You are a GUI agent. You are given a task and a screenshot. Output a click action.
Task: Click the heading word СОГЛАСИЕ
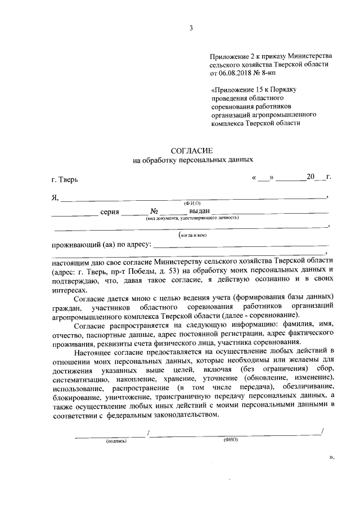click(x=192, y=150)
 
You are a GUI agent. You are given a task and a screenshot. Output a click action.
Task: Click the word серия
click(x=110, y=211)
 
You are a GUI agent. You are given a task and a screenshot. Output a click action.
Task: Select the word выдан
click(x=200, y=211)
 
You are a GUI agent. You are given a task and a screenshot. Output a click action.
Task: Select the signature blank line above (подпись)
click(x=110, y=434)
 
